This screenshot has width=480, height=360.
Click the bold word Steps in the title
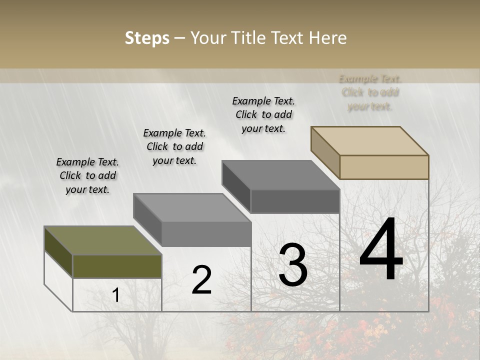pyautogui.click(x=147, y=38)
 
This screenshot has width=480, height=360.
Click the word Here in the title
pyautogui.click(x=327, y=38)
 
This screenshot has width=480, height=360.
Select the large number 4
pyautogui.click(x=381, y=250)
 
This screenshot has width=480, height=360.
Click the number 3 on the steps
pyautogui.click(x=293, y=265)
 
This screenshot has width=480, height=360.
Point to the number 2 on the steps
pyautogui.click(x=201, y=280)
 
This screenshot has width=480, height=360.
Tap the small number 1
pyautogui.click(x=116, y=295)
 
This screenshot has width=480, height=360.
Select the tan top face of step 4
pyautogui.click(x=370, y=140)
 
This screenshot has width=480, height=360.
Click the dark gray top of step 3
pyautogui.click(x=280, y=175)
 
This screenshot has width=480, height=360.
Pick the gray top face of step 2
pyautogui.click(x=192, y=207)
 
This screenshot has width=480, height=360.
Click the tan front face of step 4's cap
pyautogui.click(x=384, y=167)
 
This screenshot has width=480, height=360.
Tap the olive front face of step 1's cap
pyautogui.click(x=117, y=266)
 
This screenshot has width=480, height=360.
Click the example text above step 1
pyautogui.click(x=87, y=175)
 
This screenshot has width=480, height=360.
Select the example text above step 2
pyautogui.click(x=174, y=146)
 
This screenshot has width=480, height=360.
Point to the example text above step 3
pyautogui.click(x=263, y=114)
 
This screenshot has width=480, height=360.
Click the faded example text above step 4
pyautogui.click(x=370, y=92)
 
